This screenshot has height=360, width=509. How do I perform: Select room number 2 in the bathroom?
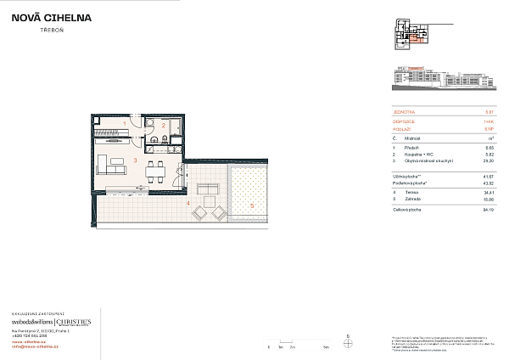click(164, 126)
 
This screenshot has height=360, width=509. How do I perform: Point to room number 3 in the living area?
click(135, 160)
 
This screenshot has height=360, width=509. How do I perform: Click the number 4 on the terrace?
click(187, 203)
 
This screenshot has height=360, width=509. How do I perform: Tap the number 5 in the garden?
click(252, 205)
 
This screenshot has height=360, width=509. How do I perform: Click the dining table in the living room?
click(155, 168)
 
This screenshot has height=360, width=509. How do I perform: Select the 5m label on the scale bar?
click(325, 349)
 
